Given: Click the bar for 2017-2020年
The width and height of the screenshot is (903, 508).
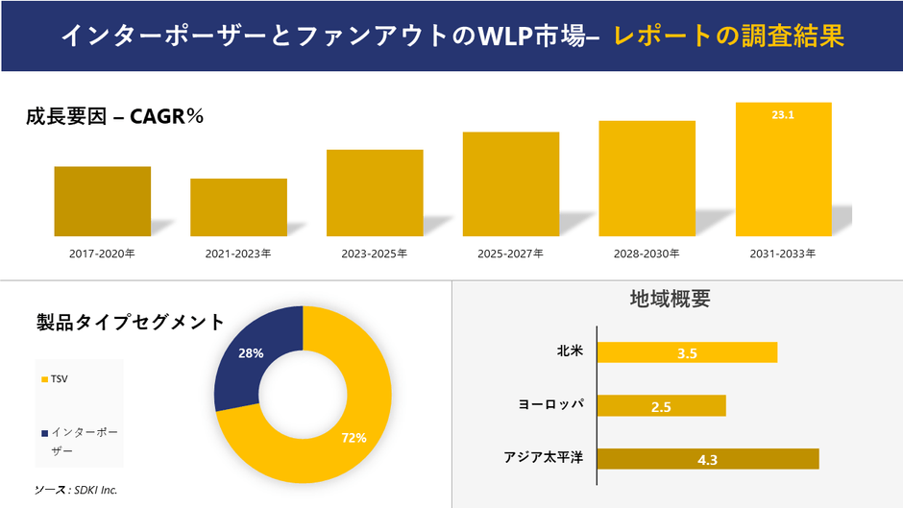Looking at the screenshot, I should click(x=102, y=201).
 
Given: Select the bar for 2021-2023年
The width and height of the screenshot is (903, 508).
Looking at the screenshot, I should click(x=238, y=206).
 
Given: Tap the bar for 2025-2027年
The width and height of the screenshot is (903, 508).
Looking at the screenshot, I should click(x=510, y=183).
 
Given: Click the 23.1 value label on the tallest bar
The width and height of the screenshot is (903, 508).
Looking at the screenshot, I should click(x=783, y=114).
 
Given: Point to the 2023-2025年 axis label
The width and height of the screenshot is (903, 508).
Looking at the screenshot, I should click(x=375, y=254).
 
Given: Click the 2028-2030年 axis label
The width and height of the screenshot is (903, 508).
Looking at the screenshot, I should click(x=647, y=254).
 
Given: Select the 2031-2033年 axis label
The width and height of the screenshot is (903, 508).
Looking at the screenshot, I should click(x=783, y=254).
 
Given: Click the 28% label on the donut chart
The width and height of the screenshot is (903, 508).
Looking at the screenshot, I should click(x=251, y=353).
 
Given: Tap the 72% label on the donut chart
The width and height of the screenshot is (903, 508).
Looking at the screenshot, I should click(x=354, y=438).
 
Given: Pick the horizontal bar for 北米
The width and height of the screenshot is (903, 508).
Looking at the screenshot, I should click(x=687, y=352).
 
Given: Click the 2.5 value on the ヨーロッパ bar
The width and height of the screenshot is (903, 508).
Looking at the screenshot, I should click(x=661, y=407).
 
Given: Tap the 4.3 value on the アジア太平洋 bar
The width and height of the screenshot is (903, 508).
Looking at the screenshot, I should click(x=708, y=460).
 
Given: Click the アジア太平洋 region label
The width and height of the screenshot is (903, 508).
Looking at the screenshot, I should click(x=544, y=457).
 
